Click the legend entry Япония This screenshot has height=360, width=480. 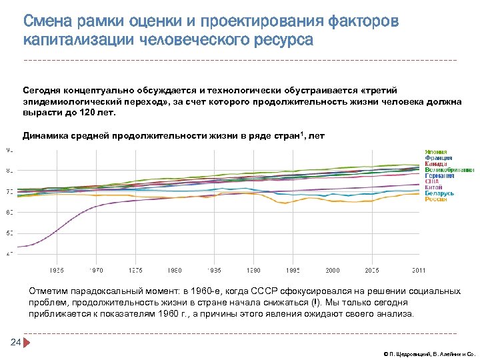(x=435, y=152)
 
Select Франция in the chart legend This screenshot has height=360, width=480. (x=438, y=158)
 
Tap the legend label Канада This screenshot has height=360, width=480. (x=437, y=164)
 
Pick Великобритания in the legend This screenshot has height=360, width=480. (x=449, y=170)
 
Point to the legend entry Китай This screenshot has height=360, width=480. (x=434, y=188)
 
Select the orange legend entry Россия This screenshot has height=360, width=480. (x=436, y=200)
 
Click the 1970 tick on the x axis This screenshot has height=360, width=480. (x=97, y=270)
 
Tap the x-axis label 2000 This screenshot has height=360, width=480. (x=332, y=270)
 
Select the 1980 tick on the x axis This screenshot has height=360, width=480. (x=175, y=270)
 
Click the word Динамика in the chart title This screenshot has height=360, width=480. (x=47, y=136)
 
